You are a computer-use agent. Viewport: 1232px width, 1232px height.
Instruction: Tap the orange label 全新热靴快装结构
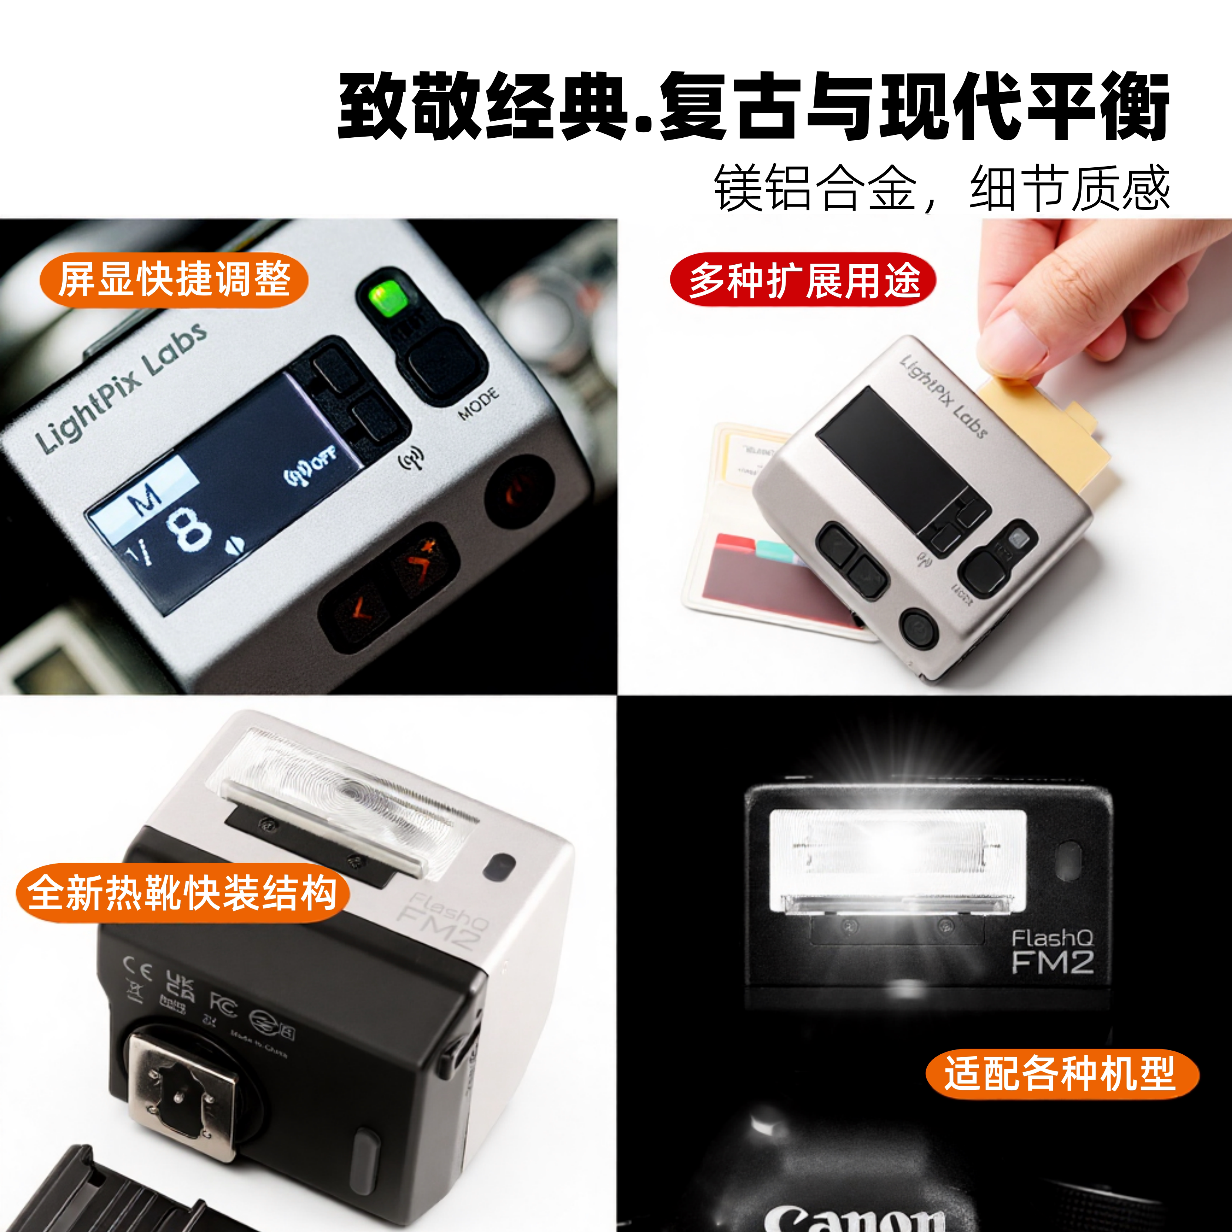pos(183,893)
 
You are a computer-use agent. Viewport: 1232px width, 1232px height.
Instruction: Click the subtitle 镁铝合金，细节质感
pos(942,188)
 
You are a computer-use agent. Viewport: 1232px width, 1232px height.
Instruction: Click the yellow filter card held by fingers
pos(1046,433)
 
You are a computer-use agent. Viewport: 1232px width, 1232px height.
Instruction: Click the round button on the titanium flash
pos(918,628)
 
